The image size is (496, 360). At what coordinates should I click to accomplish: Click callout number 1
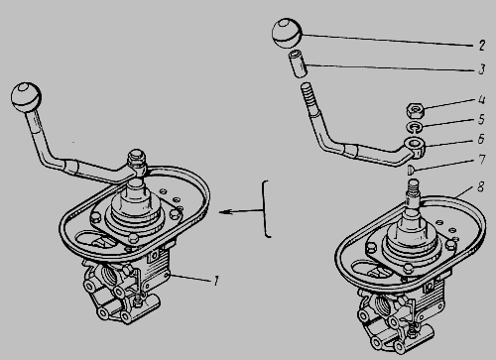216,281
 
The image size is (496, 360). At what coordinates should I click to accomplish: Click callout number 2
482,45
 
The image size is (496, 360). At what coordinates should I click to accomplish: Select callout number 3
482,69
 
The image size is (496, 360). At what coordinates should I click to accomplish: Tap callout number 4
482,99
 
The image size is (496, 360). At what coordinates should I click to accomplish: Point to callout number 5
482,119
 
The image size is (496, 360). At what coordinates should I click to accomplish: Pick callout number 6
481,139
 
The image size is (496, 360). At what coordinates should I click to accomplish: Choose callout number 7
482,160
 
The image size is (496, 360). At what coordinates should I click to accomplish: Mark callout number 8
480,186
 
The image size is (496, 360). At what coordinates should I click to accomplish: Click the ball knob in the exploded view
287,34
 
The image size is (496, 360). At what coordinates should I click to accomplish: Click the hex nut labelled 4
415,111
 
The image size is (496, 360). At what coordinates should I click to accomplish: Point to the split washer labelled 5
415,127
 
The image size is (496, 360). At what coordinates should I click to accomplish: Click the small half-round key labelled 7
410,170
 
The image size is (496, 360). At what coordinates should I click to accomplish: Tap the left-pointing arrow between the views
241,211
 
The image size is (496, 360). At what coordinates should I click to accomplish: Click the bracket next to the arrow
267,209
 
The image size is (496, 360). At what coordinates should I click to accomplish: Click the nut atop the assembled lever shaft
137,158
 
